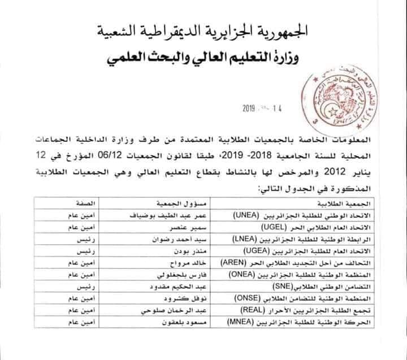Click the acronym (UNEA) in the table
245,215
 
